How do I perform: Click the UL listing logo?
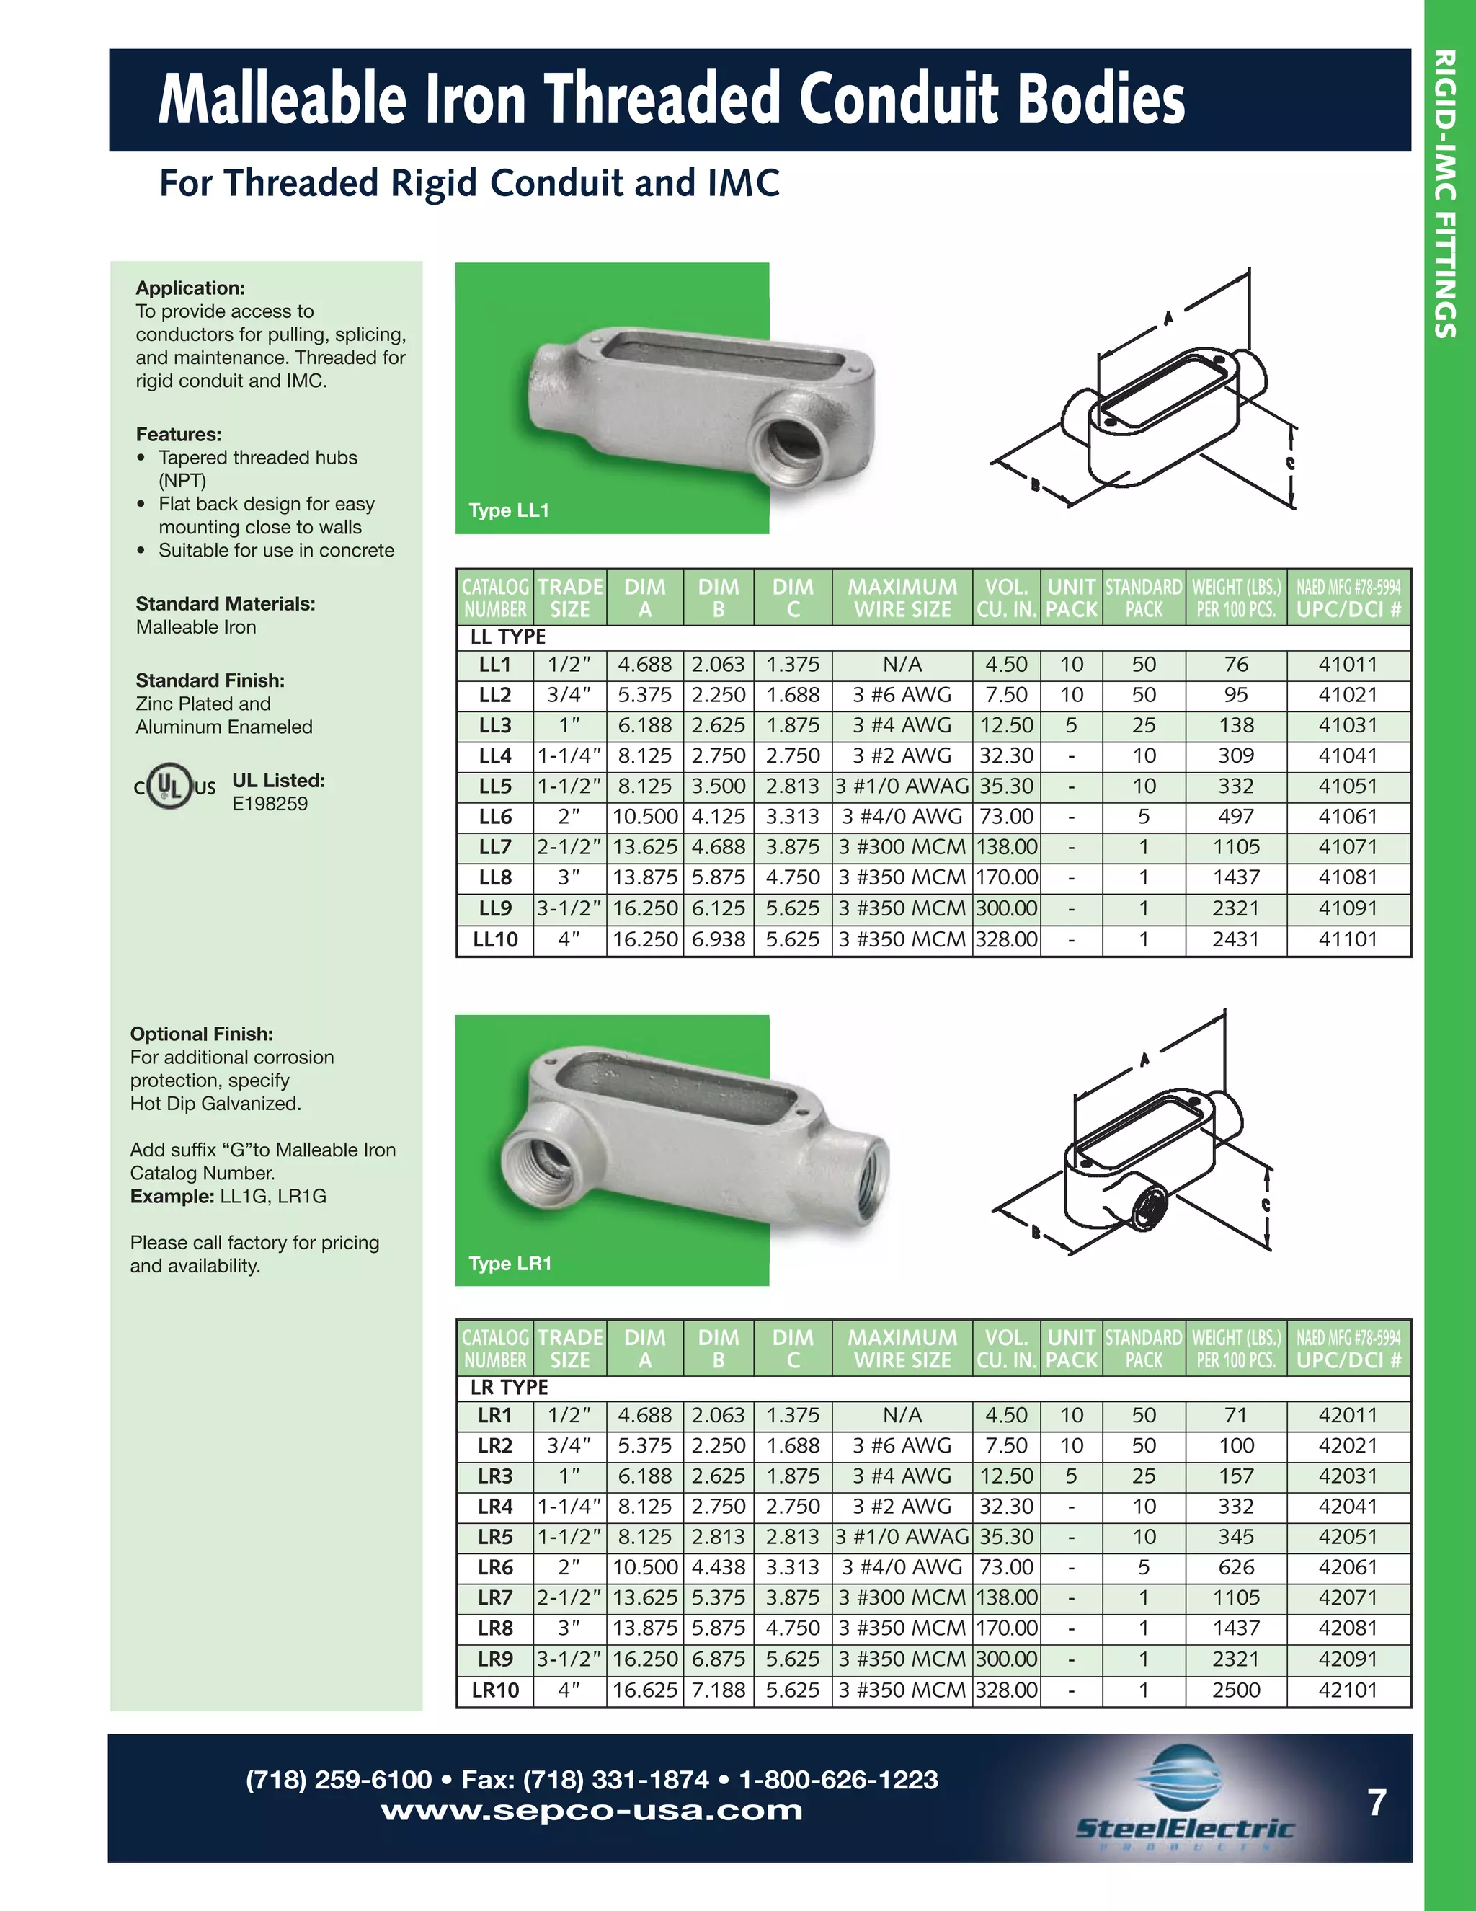coord(174,786)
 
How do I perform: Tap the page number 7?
coord(1377,1802)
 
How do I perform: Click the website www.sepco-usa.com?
coord(592,1809)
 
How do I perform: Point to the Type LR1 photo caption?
coord(510,1263)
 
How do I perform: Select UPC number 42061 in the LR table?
coord(1348,1567)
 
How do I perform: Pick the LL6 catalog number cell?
coord(494,817)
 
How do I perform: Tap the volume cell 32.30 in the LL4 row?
coord(1006,755)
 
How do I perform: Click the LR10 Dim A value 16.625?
coord(645,1690)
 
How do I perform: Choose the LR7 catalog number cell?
coord(494,1597)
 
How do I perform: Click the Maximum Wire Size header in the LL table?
coord(902,598)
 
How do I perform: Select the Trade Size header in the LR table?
coord(569,1349)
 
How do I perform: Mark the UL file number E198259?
coord(270,803)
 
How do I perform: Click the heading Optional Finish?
coord(201,1034)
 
